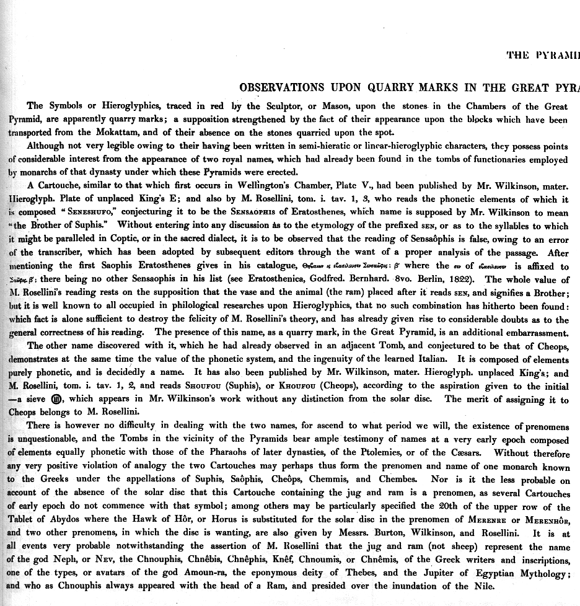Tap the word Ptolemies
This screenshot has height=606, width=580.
point(403,453)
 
